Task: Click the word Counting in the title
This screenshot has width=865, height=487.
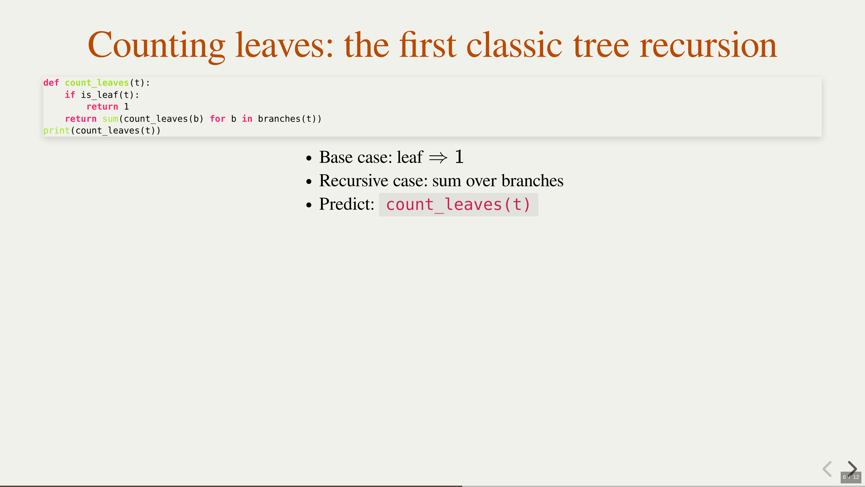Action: [x=156, y=45]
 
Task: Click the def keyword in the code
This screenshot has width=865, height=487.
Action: [x=51, y=83]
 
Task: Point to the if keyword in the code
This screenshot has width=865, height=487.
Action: [x=70, y=95]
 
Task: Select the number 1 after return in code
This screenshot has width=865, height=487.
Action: [x=126, y=107]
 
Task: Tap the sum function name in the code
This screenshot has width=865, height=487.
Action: [x=110, y=119]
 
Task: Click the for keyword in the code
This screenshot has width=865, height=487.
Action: [x=218, y=119]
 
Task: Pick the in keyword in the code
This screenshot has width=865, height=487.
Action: [x=247, y=119]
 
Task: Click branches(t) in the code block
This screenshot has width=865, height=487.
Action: [x=287, y=119]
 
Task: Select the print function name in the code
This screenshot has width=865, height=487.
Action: [x=56, y=130]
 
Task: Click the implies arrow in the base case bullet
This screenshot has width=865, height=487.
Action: [x=438, y=158]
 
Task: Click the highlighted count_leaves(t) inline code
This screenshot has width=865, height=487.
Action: [x=458, y=205]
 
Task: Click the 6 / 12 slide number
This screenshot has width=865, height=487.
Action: [x=851, y=477]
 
